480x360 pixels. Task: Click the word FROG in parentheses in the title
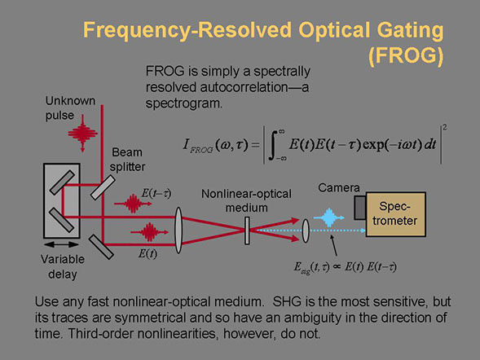[x=406, y=55]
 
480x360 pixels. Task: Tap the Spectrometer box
[x=395, y=214]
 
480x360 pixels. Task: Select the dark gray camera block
[x=360, y=208]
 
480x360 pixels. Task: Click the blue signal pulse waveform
[x=329, y=217]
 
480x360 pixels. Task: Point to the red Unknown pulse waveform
[x=82, y=134]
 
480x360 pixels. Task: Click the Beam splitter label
[x=127, y=160]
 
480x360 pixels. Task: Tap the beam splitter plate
[x=103, y=187]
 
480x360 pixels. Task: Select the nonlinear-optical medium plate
[x=247, y=230]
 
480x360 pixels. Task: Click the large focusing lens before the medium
[x=178, y=230]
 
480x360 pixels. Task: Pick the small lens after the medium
[x=306, y=230]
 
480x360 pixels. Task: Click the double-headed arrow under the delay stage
[x=62, y=244]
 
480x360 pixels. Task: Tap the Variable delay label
[x=63, y=266]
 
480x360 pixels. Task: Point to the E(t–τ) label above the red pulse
[x=156, y=193]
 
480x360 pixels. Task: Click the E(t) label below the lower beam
[x=148, y=253]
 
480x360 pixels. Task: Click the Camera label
[x=339, y=187]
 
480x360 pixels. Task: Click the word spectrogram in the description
[x=184, y=103]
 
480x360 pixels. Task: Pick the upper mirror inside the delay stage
[x=62, y=182]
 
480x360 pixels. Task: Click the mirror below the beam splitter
[x=101, y=247]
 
